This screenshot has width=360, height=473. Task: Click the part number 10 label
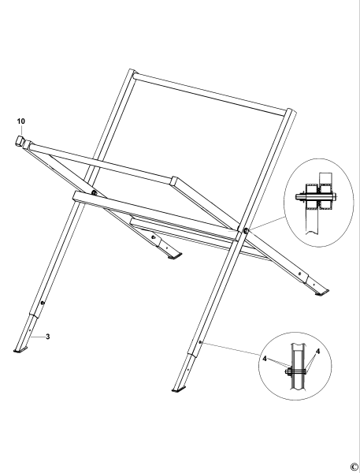click(20, 122)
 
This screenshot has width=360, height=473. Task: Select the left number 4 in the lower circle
click(265, 357)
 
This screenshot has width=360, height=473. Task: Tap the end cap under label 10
click(20, 142)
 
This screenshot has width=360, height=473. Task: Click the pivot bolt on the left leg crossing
click(94, 194)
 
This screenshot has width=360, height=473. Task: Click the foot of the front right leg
click(179, 387)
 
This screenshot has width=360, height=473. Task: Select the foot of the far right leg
click(322, 292)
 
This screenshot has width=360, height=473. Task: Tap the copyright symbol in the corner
click(354, 466)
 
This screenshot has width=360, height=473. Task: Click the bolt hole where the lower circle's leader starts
click(201, 343)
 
